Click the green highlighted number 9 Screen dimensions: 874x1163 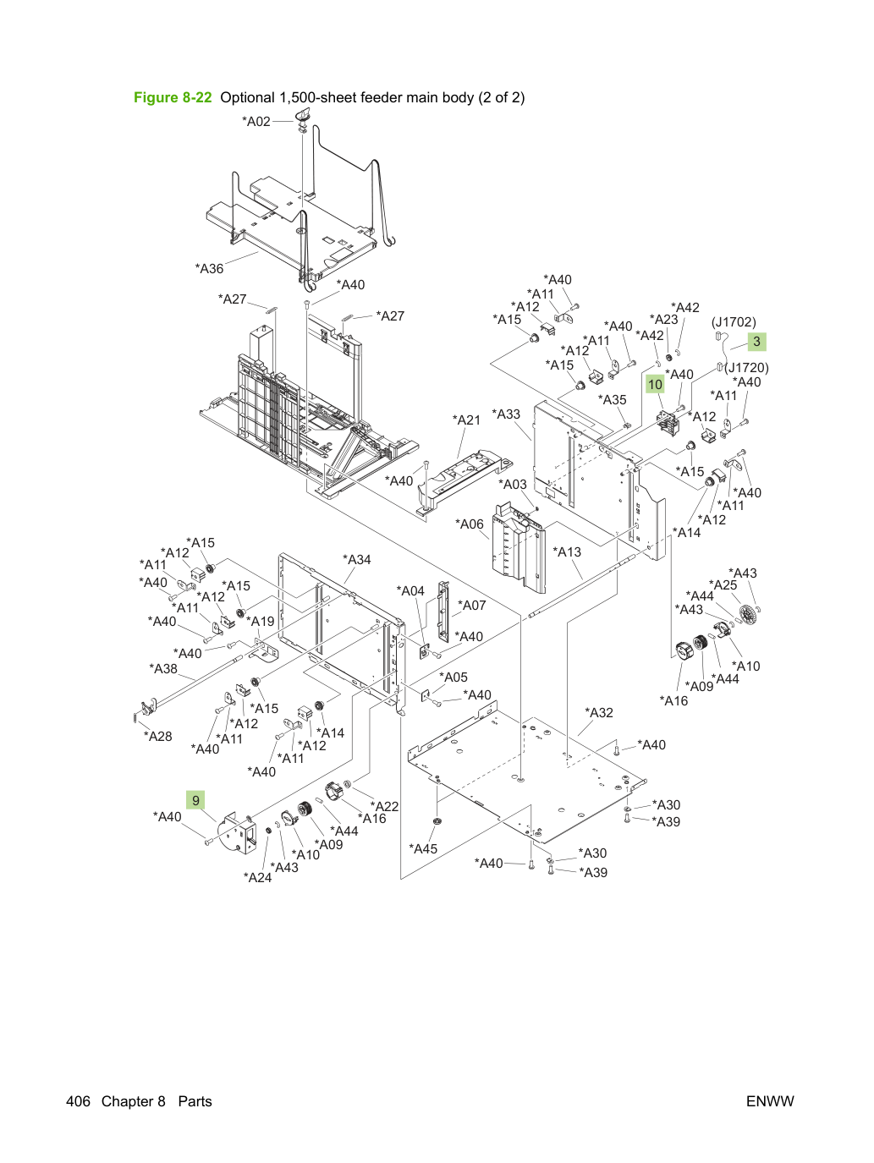click(x=195, y=800)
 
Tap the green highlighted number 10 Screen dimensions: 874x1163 click(x=655, y=385)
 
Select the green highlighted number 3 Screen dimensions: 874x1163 click(x=757, y=342)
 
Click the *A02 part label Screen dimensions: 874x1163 click(x=256, y=121)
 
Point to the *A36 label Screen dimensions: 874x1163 click(x=209, y=269)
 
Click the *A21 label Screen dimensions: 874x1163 click(x=466, y=420)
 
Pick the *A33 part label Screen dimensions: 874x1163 click(x=506, y=414)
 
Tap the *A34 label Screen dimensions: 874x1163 click(x=357, y=560)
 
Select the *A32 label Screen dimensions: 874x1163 click(x=599, y=713)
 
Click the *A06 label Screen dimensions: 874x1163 click(x=470, y=524)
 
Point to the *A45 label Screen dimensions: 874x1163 click(x=424, y=849)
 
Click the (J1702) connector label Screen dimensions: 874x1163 click(x=734, y=322)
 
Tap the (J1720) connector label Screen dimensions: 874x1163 click(x=746, y=368)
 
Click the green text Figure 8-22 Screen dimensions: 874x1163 click(x=173, y=97)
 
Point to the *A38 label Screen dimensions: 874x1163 click(x=163, y=669)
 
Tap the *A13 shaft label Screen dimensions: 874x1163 click(x=567, y=552)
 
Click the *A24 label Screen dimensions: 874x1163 click(x=257, y=877)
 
